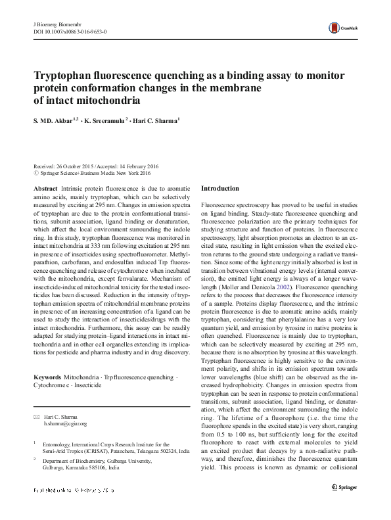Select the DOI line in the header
click(71, 31)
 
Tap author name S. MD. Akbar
click(54, 121)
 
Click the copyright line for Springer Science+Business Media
click(95, 174)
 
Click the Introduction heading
click(220, 189)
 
